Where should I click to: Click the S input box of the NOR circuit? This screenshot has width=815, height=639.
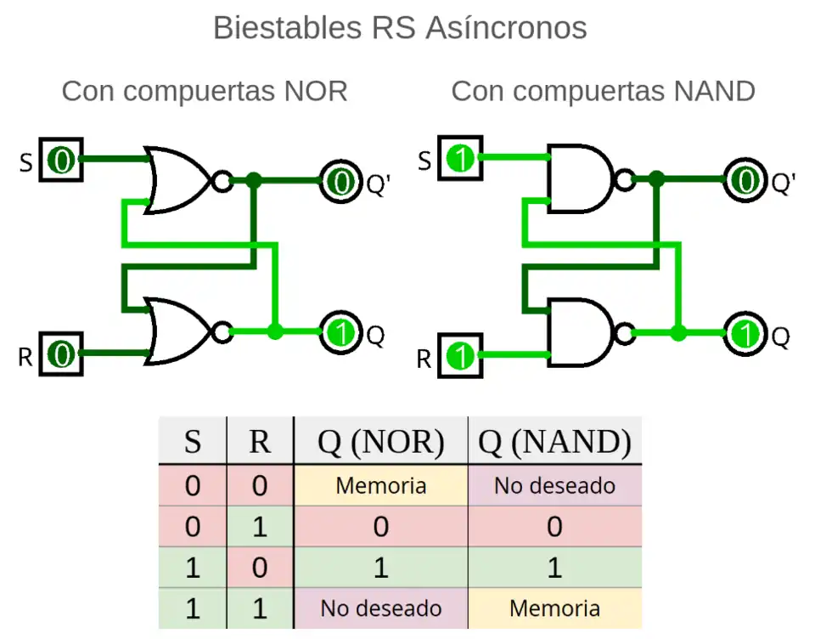click(62, 160)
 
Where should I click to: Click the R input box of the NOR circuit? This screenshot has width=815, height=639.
click(62, 353)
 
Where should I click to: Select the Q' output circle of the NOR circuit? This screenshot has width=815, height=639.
click(341, 180)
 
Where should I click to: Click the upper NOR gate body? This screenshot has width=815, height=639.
click(177, 179)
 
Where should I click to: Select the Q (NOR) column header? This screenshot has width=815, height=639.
click(380, 442)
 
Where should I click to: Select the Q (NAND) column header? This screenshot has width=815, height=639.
click(554, 442)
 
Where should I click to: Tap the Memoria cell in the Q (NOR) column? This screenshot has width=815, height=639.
click(380, 486)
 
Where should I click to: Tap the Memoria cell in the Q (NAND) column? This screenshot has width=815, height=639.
click(554, 608)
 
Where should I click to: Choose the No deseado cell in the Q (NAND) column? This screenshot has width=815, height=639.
click(554, 486)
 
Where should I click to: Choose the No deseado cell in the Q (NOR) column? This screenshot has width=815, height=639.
click(380, 608)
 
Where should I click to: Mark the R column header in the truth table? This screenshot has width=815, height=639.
click(260, 442)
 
